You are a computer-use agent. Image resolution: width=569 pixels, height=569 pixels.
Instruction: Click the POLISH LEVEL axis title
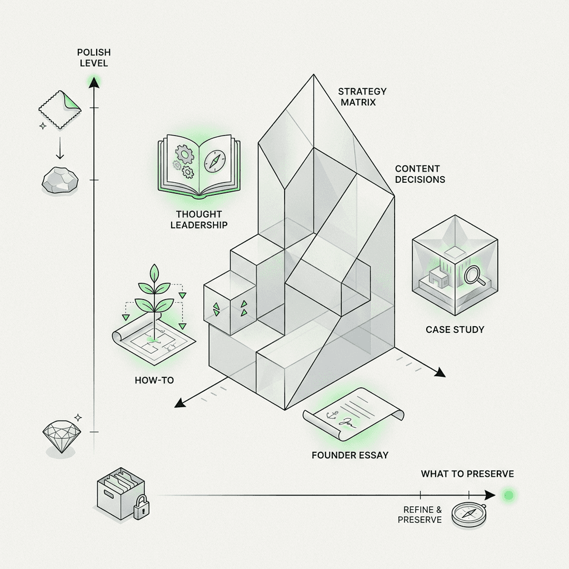tap(94, 58)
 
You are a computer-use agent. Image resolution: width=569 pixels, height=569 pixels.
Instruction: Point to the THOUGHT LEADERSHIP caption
tap(198, 219)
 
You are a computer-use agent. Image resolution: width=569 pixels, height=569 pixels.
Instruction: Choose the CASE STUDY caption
tap(455, 330)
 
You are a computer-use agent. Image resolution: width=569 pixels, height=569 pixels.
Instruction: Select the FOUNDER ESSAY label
tap(350, 455)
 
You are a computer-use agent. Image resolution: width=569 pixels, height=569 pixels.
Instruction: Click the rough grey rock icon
tap(61, 179)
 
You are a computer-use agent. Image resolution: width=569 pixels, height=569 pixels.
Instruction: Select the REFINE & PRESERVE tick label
tap(420, 515)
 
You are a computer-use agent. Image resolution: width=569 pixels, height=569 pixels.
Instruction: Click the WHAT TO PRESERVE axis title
tap(467, 474)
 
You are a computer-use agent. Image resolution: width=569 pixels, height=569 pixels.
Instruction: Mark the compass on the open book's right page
tap(214, 161)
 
